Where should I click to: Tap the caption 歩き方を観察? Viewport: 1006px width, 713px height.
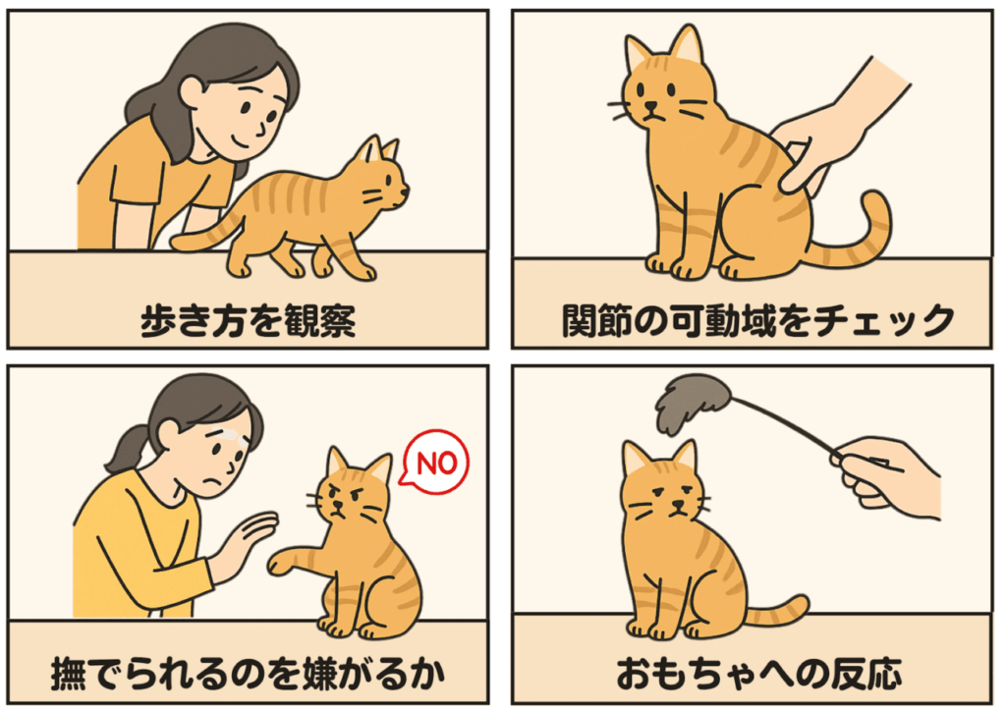248,320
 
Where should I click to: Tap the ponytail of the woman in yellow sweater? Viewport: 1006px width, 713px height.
122,451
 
